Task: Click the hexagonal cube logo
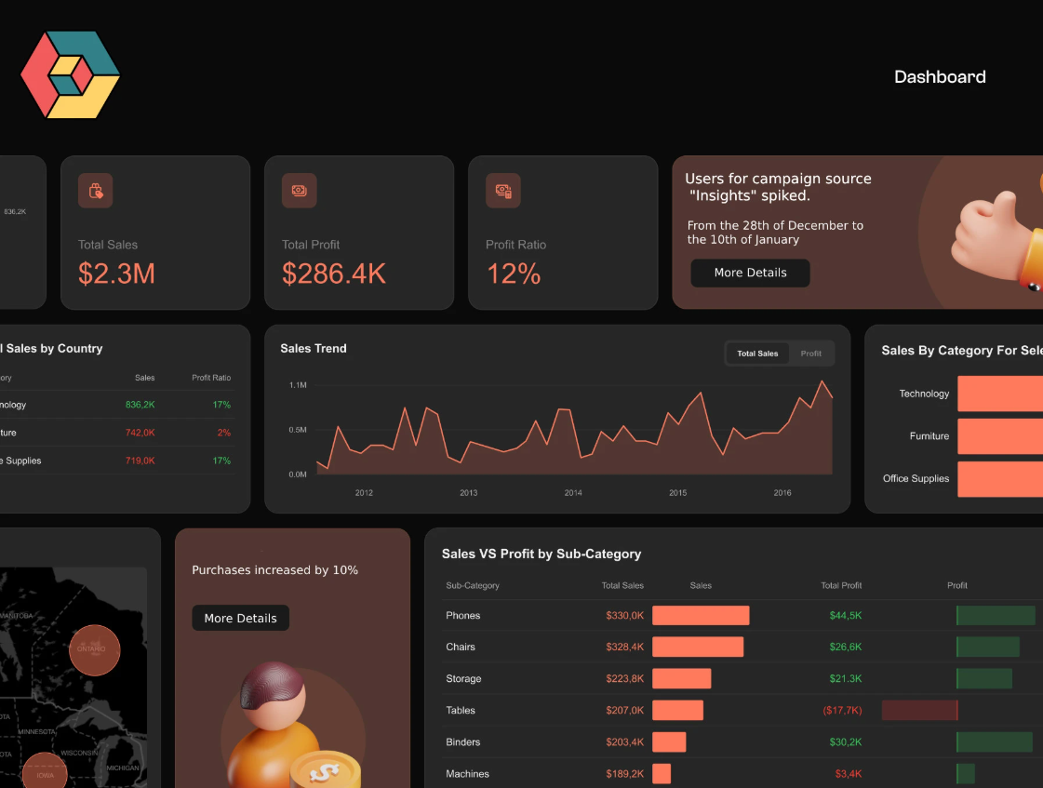[70, 75]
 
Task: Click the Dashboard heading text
[940, 77]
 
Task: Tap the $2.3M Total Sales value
[116, 274]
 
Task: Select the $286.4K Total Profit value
[333, 274]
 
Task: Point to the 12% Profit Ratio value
[514, 274]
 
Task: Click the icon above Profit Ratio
[503, 191]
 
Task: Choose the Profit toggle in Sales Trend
[811, 354]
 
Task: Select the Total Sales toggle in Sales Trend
[757, 354]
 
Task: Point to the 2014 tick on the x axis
[573, 493]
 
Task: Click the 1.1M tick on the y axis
[298, 384]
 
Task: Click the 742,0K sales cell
[140, 433]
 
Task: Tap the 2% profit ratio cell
[223, 433]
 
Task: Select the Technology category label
[924, 394]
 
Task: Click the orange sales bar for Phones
[701, 616]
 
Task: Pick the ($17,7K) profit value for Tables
[842, 711]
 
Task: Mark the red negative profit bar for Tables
[919, 711]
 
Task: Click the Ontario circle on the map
[95, 649]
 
